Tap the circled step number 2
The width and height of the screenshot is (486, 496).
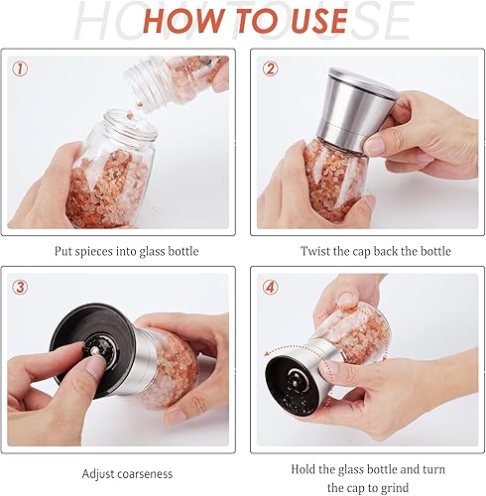[270, 68]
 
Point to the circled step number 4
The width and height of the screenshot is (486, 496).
[270, 287]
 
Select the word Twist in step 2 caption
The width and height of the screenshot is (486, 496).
[316, 252]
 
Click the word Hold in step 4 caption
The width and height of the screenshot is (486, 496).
[304, 468]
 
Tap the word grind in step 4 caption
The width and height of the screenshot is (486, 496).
[395, 486]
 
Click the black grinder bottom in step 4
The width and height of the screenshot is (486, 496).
[295, 382]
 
